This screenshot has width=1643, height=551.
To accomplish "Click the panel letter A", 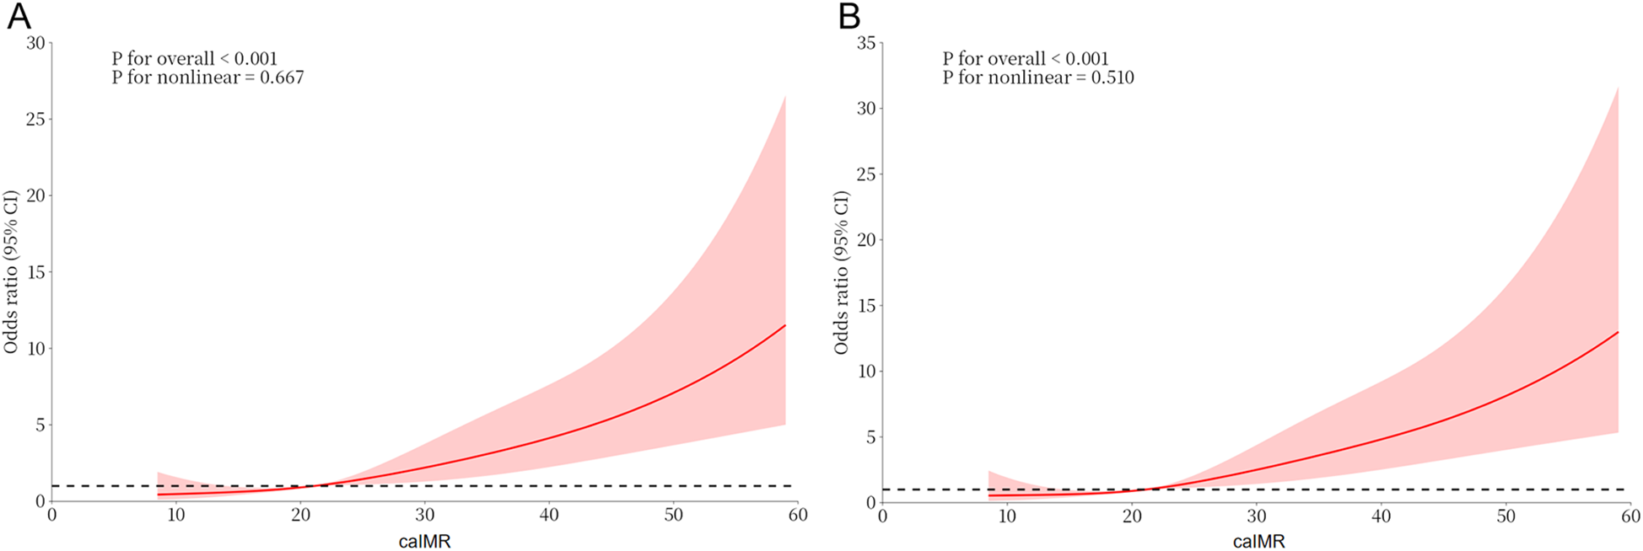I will [19, 17].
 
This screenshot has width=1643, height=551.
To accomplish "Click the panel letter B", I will [849, 17].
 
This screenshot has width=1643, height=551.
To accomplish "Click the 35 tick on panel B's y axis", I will [865, 42].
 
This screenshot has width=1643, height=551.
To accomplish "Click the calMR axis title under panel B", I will [1258, 542].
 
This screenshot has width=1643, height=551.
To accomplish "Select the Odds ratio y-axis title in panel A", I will [12, 272].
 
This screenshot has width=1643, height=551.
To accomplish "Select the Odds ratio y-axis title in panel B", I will [842, 272].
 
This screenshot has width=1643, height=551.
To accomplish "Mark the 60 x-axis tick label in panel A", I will [797, 515].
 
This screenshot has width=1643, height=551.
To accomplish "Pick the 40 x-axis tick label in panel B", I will [1382, 516].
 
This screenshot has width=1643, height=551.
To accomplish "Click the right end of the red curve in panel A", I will [785, 325].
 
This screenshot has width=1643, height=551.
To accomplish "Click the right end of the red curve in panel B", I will [1618, 332].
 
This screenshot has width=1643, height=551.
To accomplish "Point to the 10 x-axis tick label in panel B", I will [1007, 516].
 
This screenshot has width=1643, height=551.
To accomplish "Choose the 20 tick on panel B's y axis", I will [865, 239].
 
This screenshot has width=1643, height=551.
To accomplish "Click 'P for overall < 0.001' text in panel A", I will [194, 59].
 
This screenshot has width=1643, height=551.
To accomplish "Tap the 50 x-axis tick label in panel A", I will [673, 515].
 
